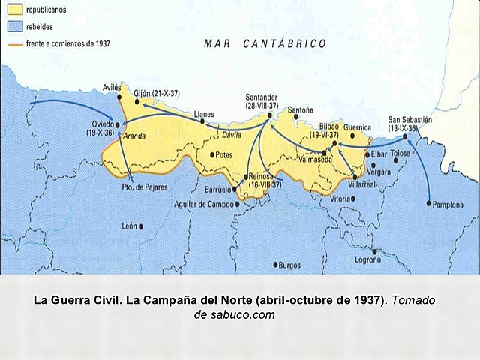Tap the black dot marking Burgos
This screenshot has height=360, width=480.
pyautogui.click(x=276, y=264)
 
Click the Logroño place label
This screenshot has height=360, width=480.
pyautogui.click(x=366, y=261)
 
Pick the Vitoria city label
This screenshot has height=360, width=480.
pyautogui.click(x=340, y=199)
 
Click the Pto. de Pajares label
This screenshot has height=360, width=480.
pyautogui.click(x=145, y=186)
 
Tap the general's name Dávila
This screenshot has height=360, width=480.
pyautogui.click(x=232, y=135)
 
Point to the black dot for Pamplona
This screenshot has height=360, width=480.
pyautogui.click(x=428, y=203)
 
